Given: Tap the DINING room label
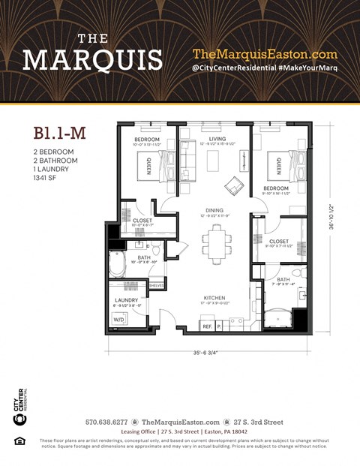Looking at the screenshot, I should tap(214, 211).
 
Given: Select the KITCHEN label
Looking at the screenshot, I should tap(214, 299).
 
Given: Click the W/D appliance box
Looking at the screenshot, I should tap(119, 320).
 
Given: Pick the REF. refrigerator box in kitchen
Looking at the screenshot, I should tap(206, 326).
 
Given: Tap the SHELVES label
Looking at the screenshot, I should tap(157, 285).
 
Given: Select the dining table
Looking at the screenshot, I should tap(216, 242).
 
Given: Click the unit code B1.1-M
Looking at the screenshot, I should tap(60, 134).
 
